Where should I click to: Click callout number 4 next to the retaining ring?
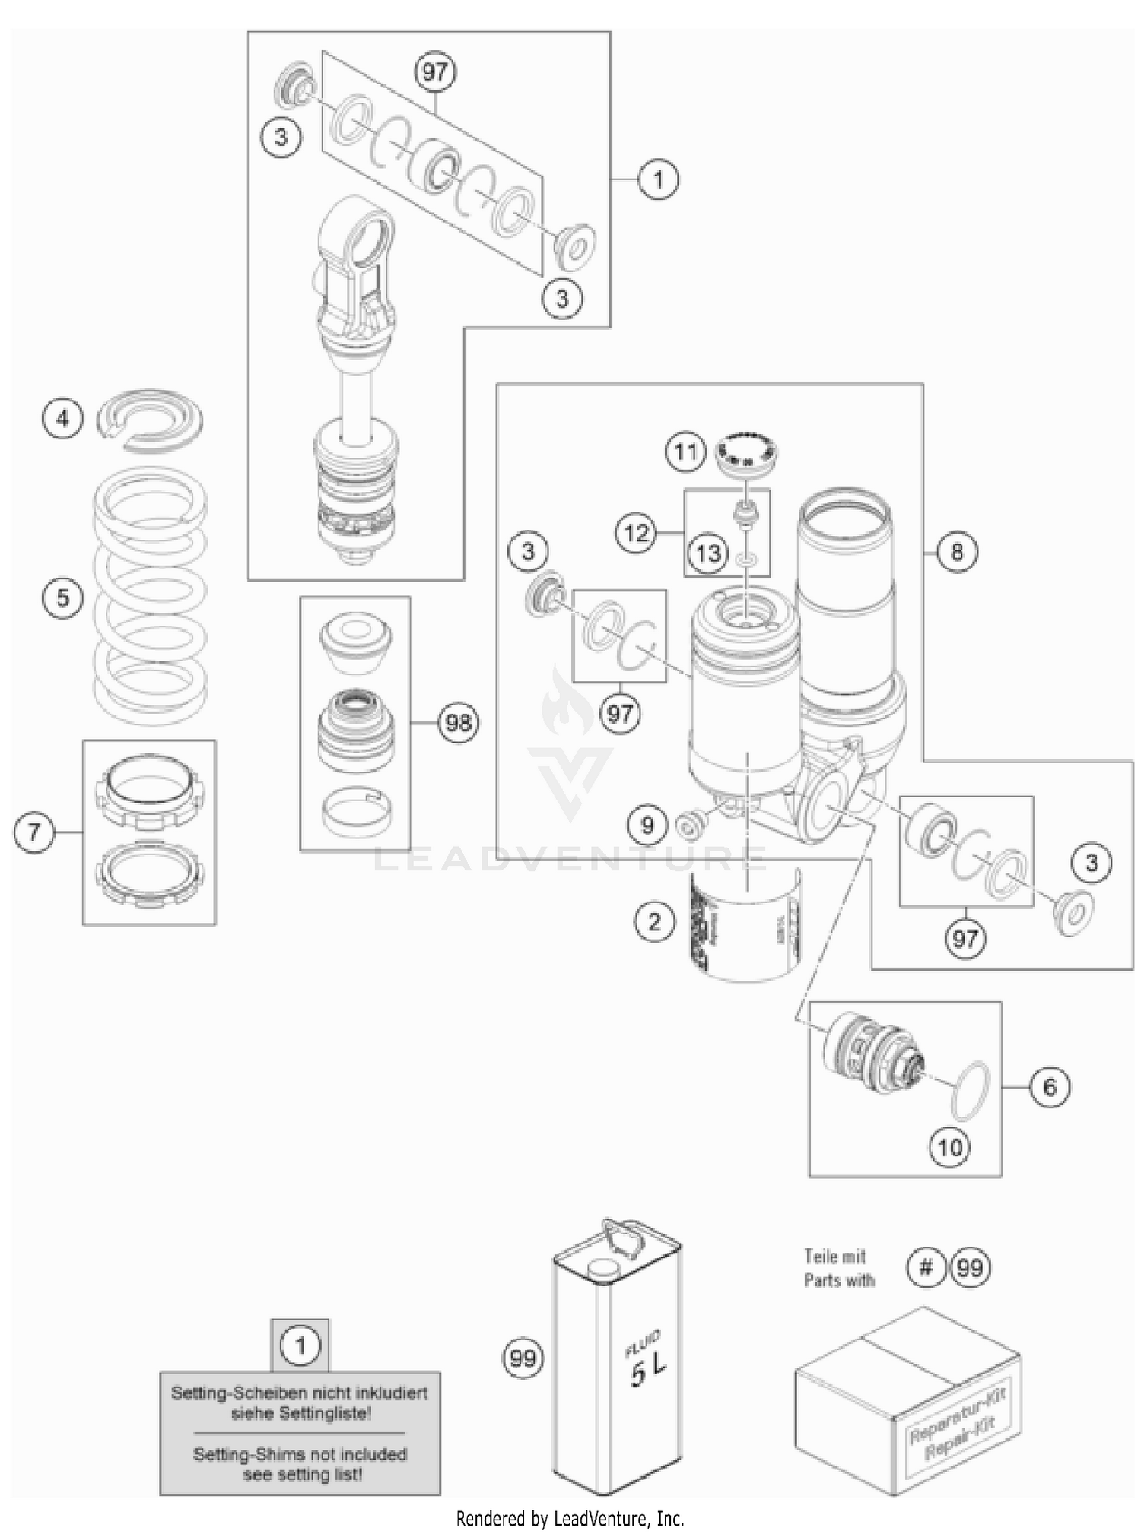[62, 418]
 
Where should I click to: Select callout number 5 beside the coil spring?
[62, 597]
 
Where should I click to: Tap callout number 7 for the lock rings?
[33, 831]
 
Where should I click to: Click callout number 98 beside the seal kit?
[459, 722]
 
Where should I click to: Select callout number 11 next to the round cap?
[685, 452]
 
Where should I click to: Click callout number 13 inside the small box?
[708, 553]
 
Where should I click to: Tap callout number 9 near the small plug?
[647, 825]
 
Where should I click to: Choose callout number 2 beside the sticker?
[654, 922]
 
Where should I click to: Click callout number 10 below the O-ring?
[950, 1146]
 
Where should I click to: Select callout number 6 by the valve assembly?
[1050, 1087]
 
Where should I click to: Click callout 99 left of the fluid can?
[523, 1358]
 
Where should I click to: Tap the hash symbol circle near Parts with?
[926, 1267]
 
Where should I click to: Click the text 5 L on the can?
[647, 1371]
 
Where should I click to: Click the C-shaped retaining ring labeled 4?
[151, 420]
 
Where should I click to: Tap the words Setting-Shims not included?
[300, 1453]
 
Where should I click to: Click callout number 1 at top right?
[658, 179]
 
